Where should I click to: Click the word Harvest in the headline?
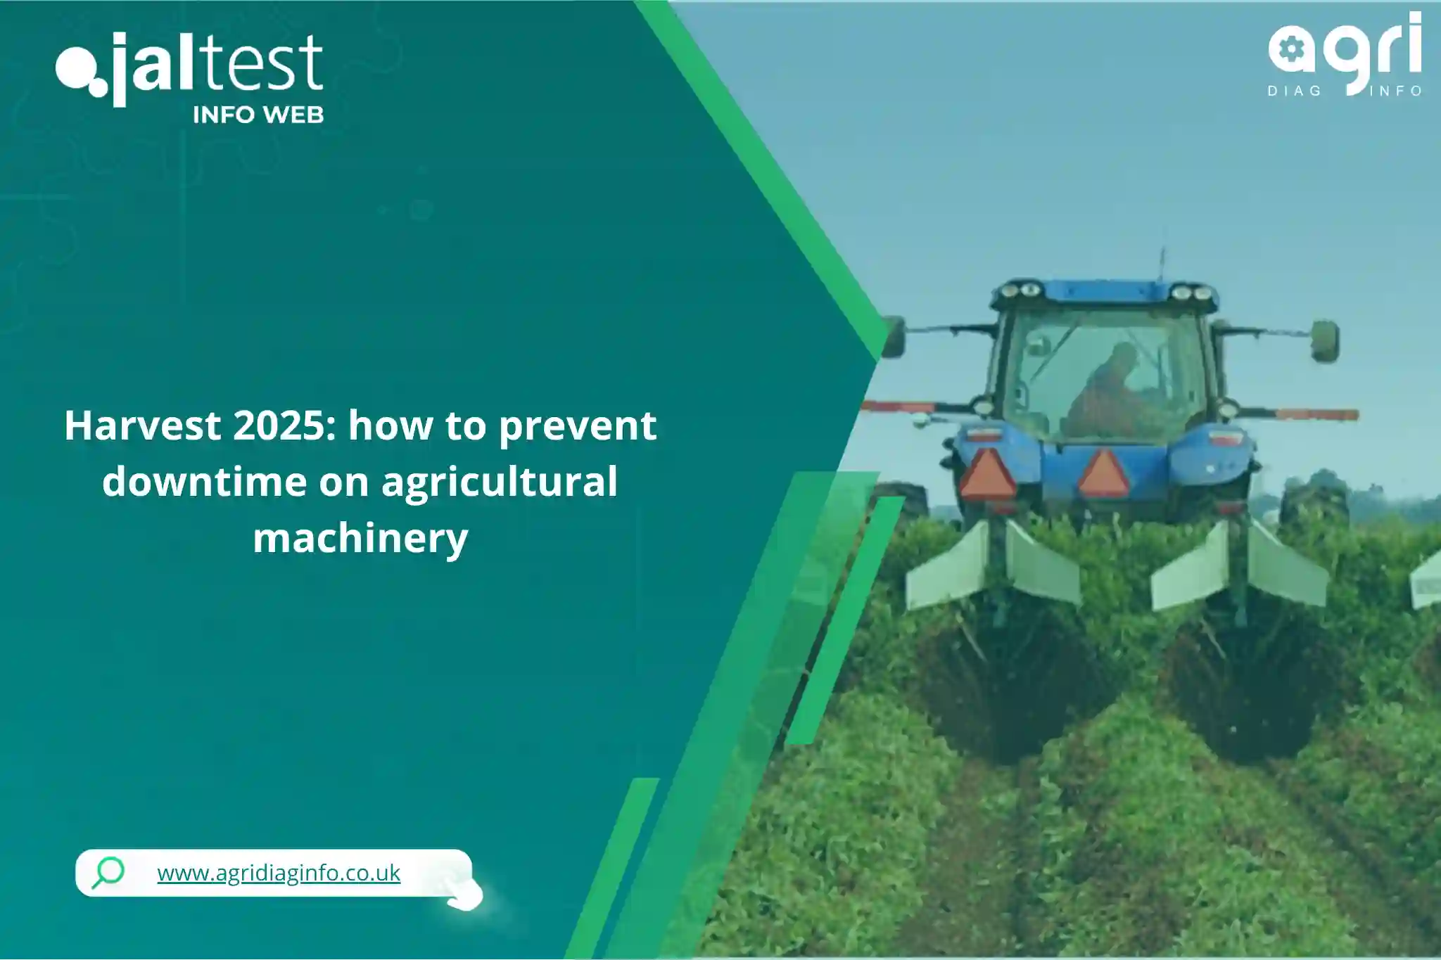point(143,425)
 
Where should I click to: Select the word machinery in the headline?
point(360,539)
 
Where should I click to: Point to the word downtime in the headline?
point(205,482)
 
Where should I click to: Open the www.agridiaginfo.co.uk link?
point(279,873)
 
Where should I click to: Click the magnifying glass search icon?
point(108,872)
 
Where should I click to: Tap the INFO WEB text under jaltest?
point(258,115)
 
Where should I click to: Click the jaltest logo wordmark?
point(189,67)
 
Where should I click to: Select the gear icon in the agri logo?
point(1291,51)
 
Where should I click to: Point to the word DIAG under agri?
point(1295,91)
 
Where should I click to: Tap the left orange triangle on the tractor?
point(988,475)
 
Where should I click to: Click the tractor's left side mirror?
point(894,337)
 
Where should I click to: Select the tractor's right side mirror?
point(1324,341)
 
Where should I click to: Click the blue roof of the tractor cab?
point(1105,294)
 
